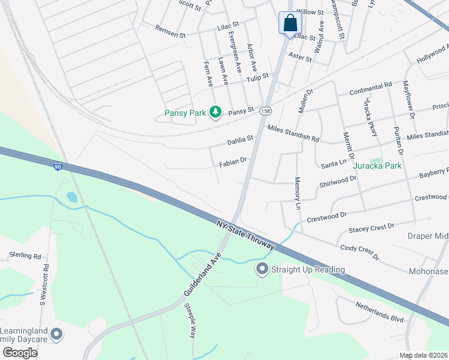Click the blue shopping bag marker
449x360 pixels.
pyautogui.click(x=290, y=23)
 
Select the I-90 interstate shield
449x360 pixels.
pyautogui.click(x=58, y=167)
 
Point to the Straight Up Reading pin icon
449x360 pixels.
pyautogui.click(x=262, y=269)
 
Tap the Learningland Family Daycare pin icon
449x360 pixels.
pyautogui.click(x=56, y=334)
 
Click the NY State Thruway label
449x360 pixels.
pyautogui.click(x=246, y=234)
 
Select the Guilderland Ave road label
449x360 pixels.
pyautogui.click(x=203, y=277)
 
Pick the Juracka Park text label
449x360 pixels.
pyautogui.click(x=378, y=165)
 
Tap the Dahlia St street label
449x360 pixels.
pyautogui.click(x=241, y=140)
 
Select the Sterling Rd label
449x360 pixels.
pyautogui.click(x=25, y=255)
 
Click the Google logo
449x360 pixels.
pyautogui.click(x=20, y=352)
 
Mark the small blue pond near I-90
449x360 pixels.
pyautogui.click(x=72, y=197)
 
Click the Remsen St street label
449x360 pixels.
pyautogui.click(x=170, y=31)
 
